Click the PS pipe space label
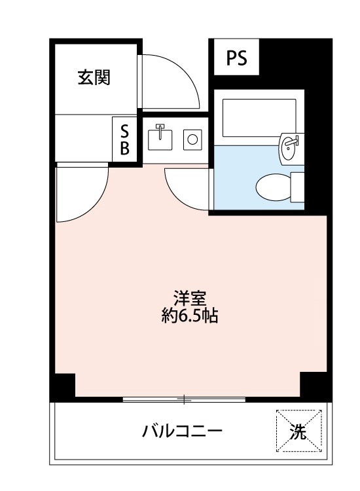tap(236, 58)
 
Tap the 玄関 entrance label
tap(94, 77)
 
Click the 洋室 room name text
tap(190, 299)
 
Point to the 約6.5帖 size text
tap(190, 316)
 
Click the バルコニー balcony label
tap(182, 431)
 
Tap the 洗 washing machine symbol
tap(298, 431)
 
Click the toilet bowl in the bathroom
tap(274, 187)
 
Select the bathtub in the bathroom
tap(259, 118)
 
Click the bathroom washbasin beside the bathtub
tap(292, 149)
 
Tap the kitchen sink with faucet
tap(160, 138)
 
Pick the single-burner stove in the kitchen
tap(192, 139)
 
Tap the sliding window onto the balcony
tap(184, 399)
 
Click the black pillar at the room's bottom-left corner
tap(65, 385)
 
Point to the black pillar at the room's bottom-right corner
tap(314, 384)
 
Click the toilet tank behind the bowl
tap(297, 187)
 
